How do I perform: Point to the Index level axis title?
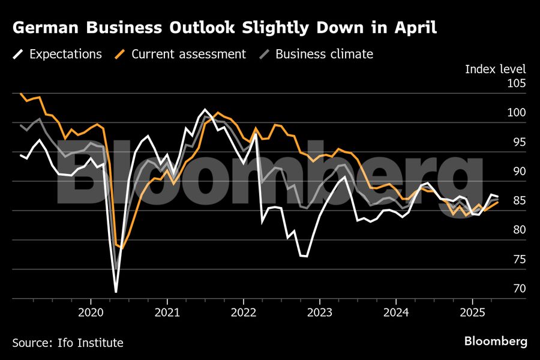(x=496, y=69)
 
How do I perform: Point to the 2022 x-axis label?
(x=243, y=312)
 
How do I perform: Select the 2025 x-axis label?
(x=472, y=312)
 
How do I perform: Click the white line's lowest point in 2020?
(x=116, y=292)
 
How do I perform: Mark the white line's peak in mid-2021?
(x=205, y=110)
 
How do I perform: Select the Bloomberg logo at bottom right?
(x=496, y=341)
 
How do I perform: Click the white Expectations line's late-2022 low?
(x=307, y=256)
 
